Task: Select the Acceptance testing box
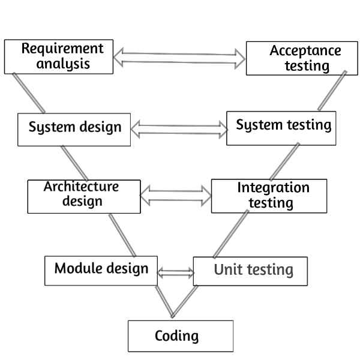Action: [x=298, y=58]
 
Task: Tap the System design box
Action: [x=74, y=129]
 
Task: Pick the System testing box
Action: [x=280, y=127]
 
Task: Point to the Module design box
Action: [x=101, y=269]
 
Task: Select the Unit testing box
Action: [x=250, y=271]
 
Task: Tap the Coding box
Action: [x=180, y=335]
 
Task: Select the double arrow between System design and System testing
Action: [x=179, y=128]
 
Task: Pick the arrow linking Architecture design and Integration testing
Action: [x=176, y=195]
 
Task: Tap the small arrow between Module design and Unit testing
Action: [x=175, y=273]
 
